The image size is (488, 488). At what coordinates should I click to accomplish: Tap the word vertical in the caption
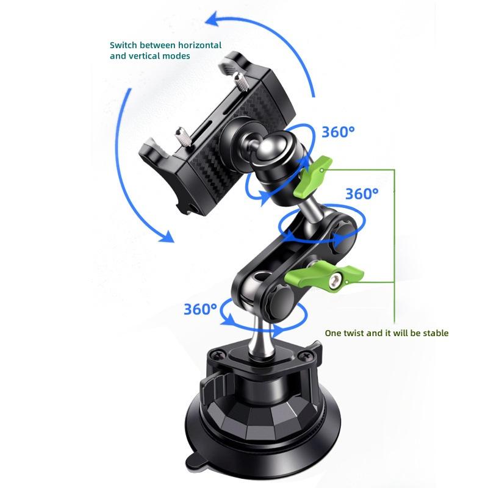[x=146, y=56]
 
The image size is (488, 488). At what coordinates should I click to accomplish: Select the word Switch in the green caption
[x=123, y=45]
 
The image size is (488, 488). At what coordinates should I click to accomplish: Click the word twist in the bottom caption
[x=353, y=333]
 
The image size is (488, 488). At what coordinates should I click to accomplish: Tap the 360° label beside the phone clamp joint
[x=338, y=132]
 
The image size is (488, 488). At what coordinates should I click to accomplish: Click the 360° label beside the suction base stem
[x=200, y=309]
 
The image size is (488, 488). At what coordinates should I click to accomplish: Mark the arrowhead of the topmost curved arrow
[x=213, y=20]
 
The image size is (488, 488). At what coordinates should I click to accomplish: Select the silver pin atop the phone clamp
[x=240, y=82]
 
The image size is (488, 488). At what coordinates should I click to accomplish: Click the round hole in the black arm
[x=259, y=276]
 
